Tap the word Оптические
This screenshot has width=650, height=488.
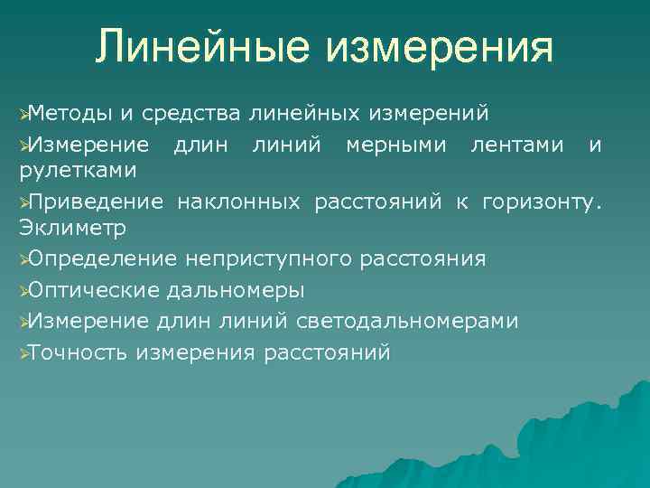pos(94,290)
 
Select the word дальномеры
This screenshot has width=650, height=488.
pos(236,290)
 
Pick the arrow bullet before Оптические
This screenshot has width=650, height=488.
pos(23,290)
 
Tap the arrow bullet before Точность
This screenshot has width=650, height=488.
pos(23,352)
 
